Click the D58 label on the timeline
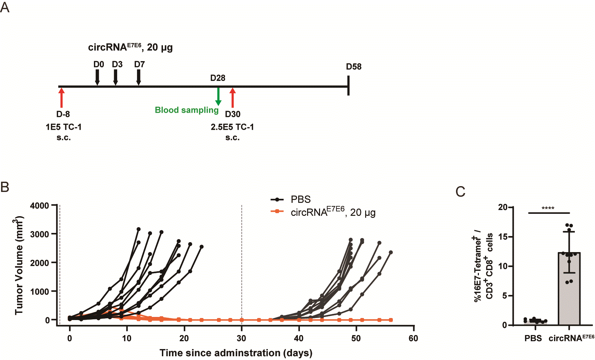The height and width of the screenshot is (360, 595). point(354,67)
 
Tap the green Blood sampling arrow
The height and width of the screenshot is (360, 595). point(218,96)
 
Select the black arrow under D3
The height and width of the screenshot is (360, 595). point(115,77)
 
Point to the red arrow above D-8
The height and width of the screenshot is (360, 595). point(61,97)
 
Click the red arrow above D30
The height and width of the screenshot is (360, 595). point(233,97)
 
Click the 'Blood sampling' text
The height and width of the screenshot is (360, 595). point(186,110)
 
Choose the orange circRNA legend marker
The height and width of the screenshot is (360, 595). point(277,211)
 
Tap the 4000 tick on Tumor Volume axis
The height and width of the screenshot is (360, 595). point(40,206)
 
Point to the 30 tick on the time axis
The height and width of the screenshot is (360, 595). point(241,338)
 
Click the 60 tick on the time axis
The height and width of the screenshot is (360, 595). point(413,338)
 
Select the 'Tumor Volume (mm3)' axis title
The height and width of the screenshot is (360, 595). point(19,265)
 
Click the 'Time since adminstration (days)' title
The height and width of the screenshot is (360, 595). point(236,353)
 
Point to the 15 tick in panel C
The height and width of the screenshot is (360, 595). point(503,237)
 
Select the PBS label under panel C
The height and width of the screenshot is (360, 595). point(533,338)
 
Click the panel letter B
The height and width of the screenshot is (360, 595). point(5,187)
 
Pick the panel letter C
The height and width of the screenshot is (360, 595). point(460,192)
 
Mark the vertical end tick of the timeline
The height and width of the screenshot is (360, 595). point(348,86)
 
